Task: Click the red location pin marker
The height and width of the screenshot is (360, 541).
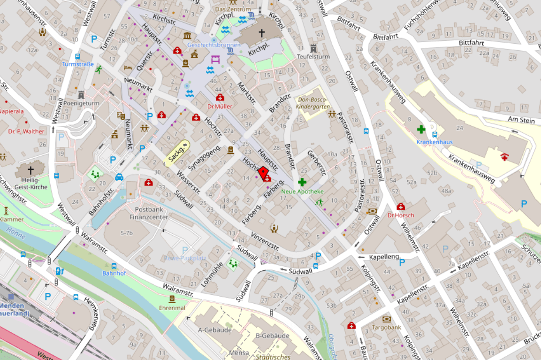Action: [264, 173]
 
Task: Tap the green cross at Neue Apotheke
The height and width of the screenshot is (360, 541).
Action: [302, 182]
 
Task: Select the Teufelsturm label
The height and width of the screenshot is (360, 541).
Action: [313, 57]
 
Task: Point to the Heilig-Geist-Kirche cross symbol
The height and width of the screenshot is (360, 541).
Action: [31, 170]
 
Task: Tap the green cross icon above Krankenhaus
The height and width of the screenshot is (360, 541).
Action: [421, 129]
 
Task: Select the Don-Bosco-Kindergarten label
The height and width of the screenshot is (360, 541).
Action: [313, 103]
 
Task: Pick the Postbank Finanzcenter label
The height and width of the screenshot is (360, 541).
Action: [148, 214]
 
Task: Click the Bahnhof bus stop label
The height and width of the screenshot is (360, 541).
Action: [114, 273]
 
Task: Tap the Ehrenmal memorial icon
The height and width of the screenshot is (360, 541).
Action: [172, 299]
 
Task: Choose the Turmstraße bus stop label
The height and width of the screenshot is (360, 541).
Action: [78, 64]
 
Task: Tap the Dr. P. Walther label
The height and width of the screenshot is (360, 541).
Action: [26, 131]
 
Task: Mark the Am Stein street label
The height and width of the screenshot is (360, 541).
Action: [521, 120]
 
